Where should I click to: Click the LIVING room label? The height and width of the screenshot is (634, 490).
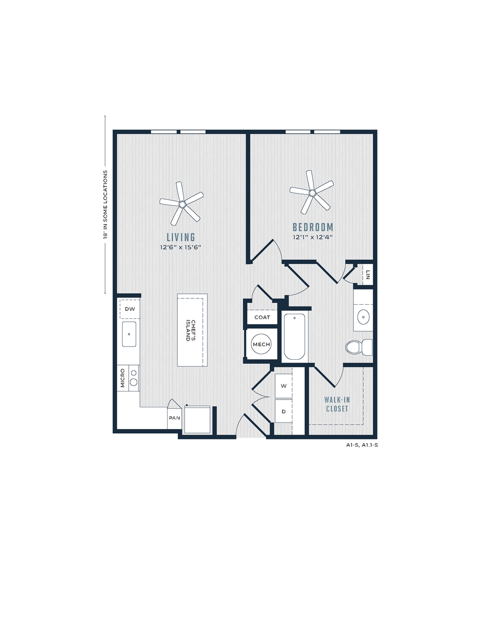pos(180,237)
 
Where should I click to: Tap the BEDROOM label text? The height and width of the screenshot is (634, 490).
pos(313,227)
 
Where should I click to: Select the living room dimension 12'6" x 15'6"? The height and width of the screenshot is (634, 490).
pos(180,247)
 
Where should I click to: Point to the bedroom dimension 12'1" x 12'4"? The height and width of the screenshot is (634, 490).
pos(313,237)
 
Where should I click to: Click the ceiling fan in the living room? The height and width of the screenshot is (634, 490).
pos(182,204)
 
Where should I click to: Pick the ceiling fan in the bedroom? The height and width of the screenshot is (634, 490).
pos(312,192)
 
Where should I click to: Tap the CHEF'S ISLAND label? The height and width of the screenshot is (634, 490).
pos(191,330)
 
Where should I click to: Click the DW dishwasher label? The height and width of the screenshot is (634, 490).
pos(130,308)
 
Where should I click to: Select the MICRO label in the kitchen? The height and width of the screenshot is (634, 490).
pos(122,378)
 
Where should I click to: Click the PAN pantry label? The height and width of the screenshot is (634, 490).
pos(174,418)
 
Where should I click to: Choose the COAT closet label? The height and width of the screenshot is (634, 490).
pos(262,317)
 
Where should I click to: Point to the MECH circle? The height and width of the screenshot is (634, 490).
pos(261,344)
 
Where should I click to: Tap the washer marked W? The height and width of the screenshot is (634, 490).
pos(283,386)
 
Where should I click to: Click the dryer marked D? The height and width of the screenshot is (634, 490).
pos(283,411)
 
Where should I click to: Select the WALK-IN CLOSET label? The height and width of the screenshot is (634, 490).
pos(337,404)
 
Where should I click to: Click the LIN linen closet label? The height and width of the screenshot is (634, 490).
pos(367,274)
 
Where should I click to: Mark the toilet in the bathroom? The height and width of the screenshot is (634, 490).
pos(358,347)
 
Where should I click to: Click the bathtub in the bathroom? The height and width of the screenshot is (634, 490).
pos(294,337)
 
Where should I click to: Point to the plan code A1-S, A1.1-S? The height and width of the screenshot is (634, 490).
pos(362,445)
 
